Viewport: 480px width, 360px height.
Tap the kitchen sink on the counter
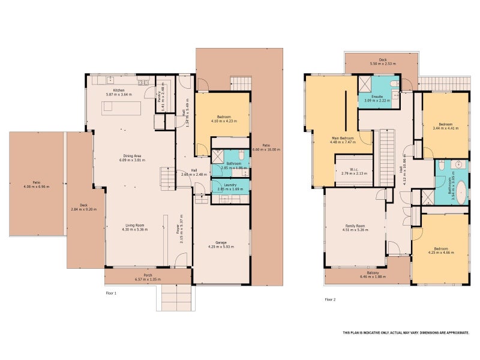(110, 79)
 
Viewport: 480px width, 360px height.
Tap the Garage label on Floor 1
(221, 242)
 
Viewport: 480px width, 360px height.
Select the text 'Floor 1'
(110, 293)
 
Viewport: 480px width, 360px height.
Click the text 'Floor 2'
(330, 299)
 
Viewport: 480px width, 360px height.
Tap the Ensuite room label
(377, 97)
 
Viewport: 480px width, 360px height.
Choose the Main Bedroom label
(343, 139)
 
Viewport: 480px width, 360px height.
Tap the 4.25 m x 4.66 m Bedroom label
(440, 250)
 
